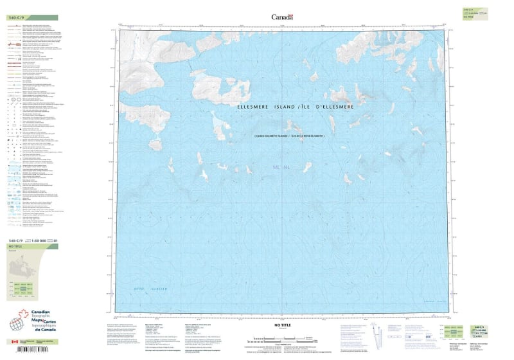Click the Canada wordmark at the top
(x=282, y=17)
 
